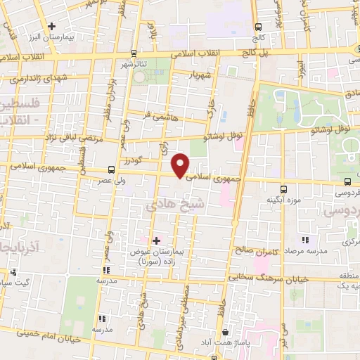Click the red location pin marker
coord(181,165)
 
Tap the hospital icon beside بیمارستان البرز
coord(51,27)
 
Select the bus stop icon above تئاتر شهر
coord(134,52)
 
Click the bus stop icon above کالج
coord(259,27)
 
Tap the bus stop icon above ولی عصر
coord(112,169)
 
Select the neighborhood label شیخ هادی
coord(174,205)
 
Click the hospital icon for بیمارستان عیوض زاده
coord(156,240)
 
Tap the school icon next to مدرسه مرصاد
coord(304,240)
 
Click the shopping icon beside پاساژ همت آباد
coord(225,332)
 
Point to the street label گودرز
coord(146,160)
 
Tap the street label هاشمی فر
coord(157,115)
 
